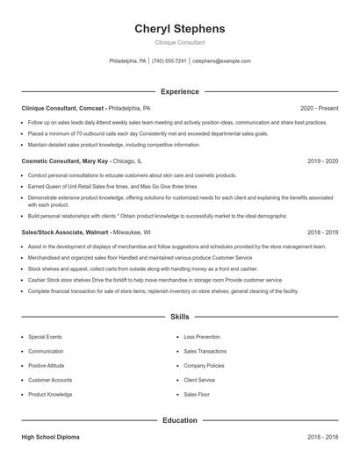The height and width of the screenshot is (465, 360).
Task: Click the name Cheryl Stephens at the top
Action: click(179, 28)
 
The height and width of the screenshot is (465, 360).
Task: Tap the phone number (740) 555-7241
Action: click(169, 61)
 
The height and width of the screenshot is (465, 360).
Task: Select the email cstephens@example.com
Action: click(221, 61)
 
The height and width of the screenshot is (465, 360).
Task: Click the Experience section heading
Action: click(179, 91)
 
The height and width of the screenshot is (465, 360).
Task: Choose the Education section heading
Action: click(179, 420)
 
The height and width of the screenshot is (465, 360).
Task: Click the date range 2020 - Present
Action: click(319, 108)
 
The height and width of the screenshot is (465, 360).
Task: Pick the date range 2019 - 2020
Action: click(323, 161)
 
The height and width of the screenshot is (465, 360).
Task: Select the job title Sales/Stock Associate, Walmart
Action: click(66, 232)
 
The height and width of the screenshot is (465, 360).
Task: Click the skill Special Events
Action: click(45, 336)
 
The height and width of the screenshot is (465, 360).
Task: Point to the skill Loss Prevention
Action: click(202, 336)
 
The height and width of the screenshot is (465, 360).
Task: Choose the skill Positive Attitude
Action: click(47, 365)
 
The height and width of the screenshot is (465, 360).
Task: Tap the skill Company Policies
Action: click(204, 365)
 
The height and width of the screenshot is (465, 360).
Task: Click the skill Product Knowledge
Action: click(50, 394)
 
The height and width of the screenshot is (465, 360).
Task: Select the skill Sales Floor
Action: click(197, 394)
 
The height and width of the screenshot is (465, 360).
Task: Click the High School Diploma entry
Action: click(52, 436)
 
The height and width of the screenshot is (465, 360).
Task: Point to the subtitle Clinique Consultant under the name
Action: click(179, 42)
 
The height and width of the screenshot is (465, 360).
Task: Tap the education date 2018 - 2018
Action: click(323, 436)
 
